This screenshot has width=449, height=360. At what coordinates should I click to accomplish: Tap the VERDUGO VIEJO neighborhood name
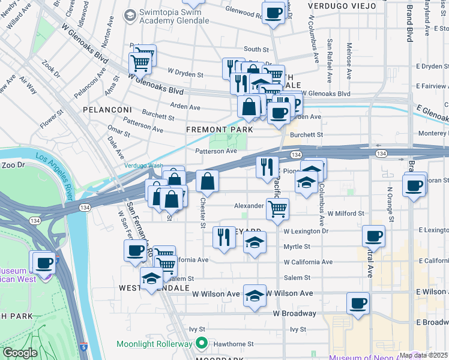342,5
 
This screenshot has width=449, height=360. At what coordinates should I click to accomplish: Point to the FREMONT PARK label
212,129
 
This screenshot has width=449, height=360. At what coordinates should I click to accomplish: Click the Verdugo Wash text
143,166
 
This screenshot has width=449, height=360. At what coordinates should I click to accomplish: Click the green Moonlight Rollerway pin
201,344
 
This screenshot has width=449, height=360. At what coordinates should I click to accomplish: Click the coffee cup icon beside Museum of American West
44,262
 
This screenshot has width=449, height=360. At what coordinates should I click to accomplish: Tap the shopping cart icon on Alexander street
277,209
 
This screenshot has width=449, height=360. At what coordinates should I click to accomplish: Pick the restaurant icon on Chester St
224,237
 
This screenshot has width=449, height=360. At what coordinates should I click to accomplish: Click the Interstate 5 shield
83,347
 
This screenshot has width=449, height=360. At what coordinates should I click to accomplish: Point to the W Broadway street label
294,313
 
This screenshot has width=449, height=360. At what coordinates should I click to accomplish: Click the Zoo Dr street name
13,164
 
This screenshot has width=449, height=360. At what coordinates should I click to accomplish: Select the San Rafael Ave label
330,53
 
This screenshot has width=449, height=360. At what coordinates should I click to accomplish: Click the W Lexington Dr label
307,231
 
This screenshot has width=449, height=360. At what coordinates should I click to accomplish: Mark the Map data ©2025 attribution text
423,355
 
